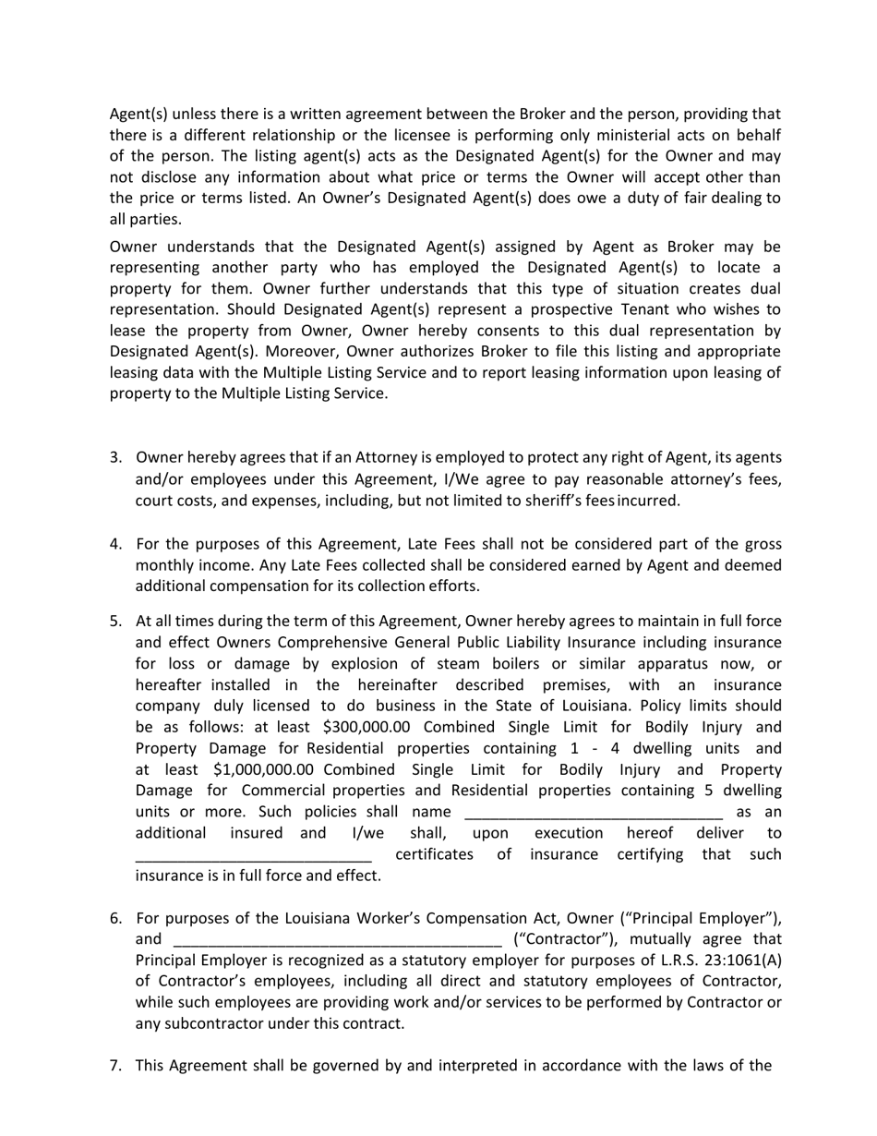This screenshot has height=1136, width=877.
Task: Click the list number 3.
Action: (x=115, y=458)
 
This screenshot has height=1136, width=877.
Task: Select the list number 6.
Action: (x=115, y=919)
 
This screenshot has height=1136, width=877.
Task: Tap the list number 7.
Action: (x=115, y=1066)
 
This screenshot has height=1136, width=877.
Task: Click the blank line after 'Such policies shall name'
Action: (x=594, y=813)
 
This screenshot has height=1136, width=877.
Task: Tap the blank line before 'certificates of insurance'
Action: (x=253, y=855)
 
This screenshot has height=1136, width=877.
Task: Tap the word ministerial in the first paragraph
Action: (x=642, y=135)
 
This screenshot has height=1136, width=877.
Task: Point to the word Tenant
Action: (x=663, y=309)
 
